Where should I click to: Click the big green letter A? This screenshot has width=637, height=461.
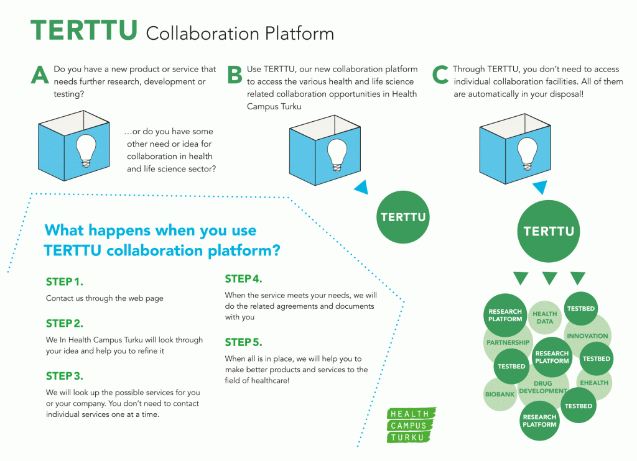(x=40, y=75)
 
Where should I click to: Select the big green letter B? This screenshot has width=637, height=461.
(x=235, y=75)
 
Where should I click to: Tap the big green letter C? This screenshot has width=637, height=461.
(x=440, y=75)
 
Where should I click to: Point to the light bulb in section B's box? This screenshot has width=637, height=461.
(x=337, y=153)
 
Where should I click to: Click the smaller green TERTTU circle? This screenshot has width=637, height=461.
(x=403, y=217)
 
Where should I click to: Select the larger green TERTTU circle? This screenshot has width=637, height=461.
(x=548, y=232)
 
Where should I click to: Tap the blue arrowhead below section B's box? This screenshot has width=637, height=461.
(x=361, y=188)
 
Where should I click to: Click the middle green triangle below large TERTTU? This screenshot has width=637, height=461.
(x=549, y=278)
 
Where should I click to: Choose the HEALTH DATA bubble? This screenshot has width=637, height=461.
(x=545, y=317)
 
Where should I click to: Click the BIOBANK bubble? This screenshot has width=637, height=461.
(x=500, y=394)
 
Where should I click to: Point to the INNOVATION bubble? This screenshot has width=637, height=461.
(x=587, y=336)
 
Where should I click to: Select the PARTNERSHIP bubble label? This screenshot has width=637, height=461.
(x=508, y=342)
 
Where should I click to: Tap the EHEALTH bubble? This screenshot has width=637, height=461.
(x=594, y=383)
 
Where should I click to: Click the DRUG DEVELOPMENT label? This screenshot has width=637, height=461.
(x=543, y=388)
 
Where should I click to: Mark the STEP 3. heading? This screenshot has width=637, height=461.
(x=65, y=376)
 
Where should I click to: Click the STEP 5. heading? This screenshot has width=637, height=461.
(x=243, y=342)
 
